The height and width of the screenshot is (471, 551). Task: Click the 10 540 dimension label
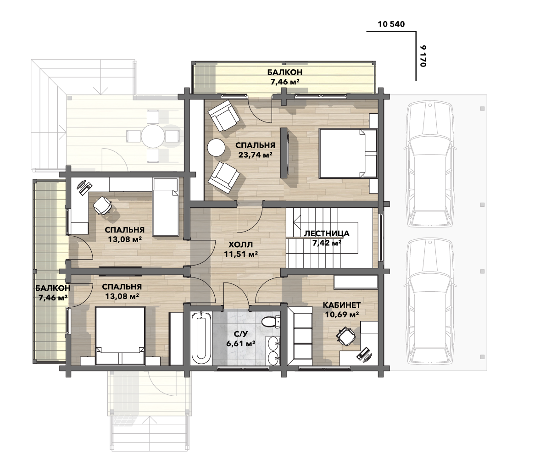coord(391,24)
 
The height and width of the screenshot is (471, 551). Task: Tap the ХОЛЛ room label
coord(241,245)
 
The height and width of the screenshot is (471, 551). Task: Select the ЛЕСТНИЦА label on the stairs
coord(327,233)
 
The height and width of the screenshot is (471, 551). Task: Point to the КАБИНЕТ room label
coord(342,305)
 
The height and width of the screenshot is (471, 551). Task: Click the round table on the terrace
coord(153,136)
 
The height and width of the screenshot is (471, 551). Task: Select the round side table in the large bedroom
coord(217,147)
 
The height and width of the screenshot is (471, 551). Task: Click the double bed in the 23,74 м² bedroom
coord(348,153)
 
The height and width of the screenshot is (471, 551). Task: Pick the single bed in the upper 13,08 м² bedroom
coord(166,207)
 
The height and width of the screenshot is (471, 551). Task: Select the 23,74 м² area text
coord(256,155)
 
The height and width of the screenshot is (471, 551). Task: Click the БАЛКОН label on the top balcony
coord(285,72)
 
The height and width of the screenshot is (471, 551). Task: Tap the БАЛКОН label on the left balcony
coord(53,288)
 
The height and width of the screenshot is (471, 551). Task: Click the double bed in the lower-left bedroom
coord(120,336)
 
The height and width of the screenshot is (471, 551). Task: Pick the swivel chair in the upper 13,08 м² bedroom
coord(102,205)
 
